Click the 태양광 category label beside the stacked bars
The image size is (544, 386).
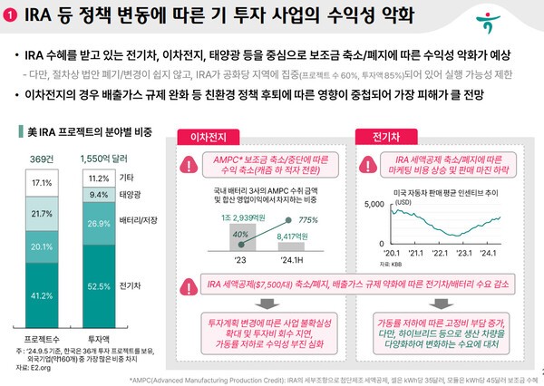point(131,194)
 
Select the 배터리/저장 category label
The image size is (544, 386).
point(140,221)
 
